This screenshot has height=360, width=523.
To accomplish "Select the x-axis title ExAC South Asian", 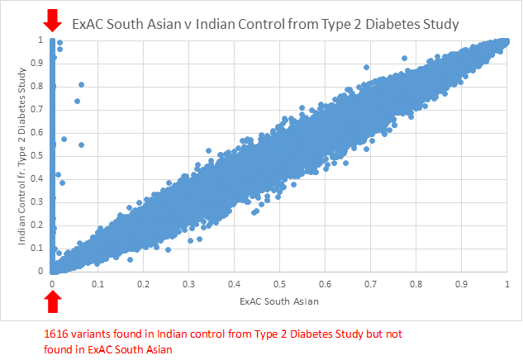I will click(x=279, y=302).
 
